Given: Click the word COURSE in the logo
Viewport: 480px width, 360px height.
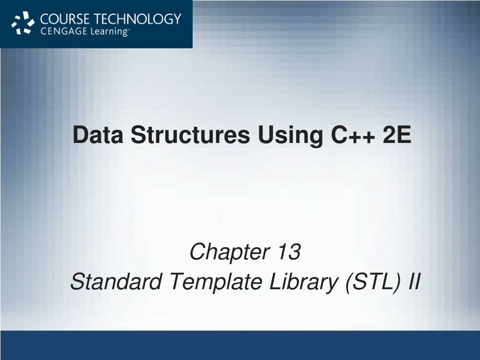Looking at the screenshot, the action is click(x=65, y=19).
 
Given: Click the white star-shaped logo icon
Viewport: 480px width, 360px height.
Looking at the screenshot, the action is click(x=23, y=23).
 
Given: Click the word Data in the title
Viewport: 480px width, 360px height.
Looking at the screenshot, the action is click(x=98, y=135).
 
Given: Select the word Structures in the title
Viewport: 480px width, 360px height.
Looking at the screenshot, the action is click(x=190, y=135).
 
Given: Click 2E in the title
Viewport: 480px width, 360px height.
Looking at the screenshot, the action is click(x=397, y=135).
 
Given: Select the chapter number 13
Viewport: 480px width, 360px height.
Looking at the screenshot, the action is click(x=289, y=252).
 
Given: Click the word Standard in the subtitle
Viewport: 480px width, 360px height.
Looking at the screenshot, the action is click(x=116, y=281).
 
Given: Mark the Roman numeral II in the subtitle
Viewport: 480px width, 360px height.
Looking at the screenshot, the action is click(x=415, y=281).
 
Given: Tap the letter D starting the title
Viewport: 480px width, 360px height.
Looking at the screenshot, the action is click(x=82, y=135).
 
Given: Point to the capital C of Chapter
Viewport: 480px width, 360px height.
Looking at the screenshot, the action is click(x=199, y=252).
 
